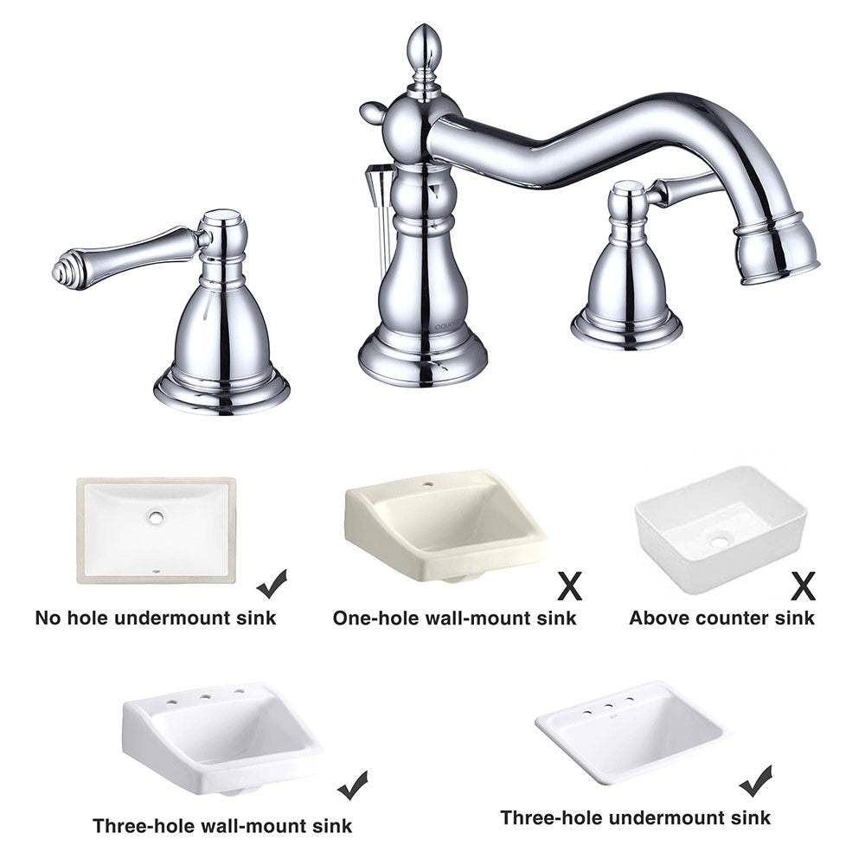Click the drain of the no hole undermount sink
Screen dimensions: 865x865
pyautogui.click(x=156, y=517)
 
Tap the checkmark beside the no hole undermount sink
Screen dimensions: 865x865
pyautogui.click(x=272, y=584)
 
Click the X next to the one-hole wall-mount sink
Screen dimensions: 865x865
pyautogui.click(x=569, y=586)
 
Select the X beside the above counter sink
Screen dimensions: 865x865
pyautogui.click(x=803, y=586)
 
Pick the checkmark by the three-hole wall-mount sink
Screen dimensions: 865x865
pyautogui.click(x=353, y=785)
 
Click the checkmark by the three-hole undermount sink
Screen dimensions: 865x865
pyautogui.click(x=756, y=780)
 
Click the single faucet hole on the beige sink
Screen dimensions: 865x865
pyautogui.click(x=427, y=485)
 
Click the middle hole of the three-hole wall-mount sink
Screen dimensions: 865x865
pyautogui.click(x=205, y=696)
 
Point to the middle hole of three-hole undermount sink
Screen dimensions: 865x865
pyautogui.click(x=608, y=706)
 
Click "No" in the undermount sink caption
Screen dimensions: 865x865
pyautogui.click(x=48, y=618)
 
